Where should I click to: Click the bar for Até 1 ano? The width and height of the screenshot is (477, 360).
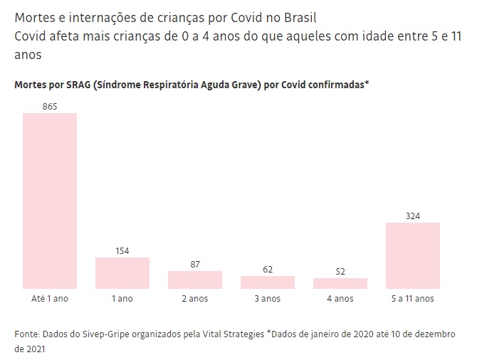coord(50,201)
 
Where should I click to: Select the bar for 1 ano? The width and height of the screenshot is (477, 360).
coord(122,272)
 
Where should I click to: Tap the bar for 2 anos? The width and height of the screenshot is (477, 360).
coord(195,280)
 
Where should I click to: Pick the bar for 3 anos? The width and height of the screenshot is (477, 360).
coord(268,282)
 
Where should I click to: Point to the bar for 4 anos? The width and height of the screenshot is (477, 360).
coord(340,283)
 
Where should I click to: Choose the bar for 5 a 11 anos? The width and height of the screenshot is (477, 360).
coord(413,255)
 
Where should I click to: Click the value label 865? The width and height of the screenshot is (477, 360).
coord(50,106)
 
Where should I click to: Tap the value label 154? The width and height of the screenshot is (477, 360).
coord(122,250)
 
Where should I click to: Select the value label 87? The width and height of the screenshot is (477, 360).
coord(195,264)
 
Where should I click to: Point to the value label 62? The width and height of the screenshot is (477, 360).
coord(268,269)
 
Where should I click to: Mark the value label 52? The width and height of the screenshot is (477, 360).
coord(340,271)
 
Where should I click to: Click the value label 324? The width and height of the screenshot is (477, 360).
coord(413,216)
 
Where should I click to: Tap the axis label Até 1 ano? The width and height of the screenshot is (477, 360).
coord(50,299)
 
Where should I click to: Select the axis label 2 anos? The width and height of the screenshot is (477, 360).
coord(195,299)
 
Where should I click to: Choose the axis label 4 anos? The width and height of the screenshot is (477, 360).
coord(340,299)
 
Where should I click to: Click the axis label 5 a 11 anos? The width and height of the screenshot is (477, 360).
coord(413,299)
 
